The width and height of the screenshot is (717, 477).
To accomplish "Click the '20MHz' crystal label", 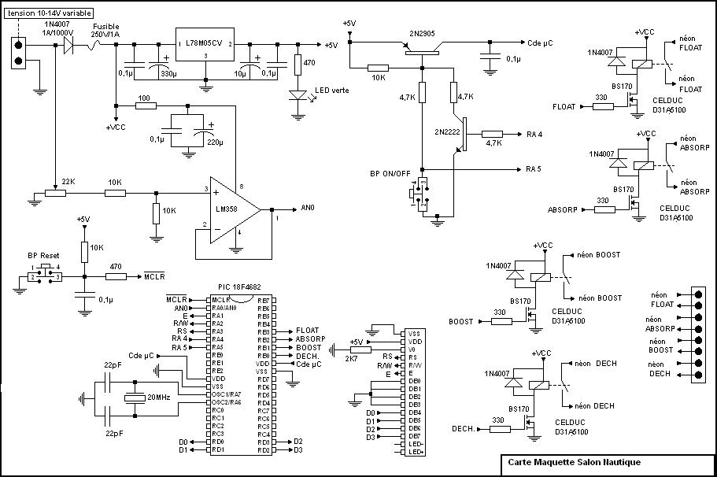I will (x=157, y=397).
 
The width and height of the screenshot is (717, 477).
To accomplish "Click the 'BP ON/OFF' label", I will (x=390, y=173).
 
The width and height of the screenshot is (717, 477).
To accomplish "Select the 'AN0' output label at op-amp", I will (x=308, y=209).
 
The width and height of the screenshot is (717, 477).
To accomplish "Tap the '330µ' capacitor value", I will (x=168, y=73).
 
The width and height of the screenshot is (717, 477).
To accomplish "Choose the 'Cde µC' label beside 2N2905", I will (x=541, y=43).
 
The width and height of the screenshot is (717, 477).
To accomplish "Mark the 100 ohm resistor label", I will (x=143, y=98).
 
